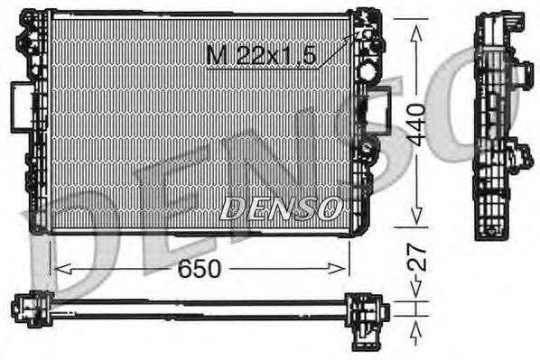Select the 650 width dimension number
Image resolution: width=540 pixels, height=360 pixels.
click(198, 267)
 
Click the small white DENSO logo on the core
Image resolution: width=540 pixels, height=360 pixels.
click(279, 209)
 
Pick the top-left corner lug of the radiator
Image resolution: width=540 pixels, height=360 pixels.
click(33, 18)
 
